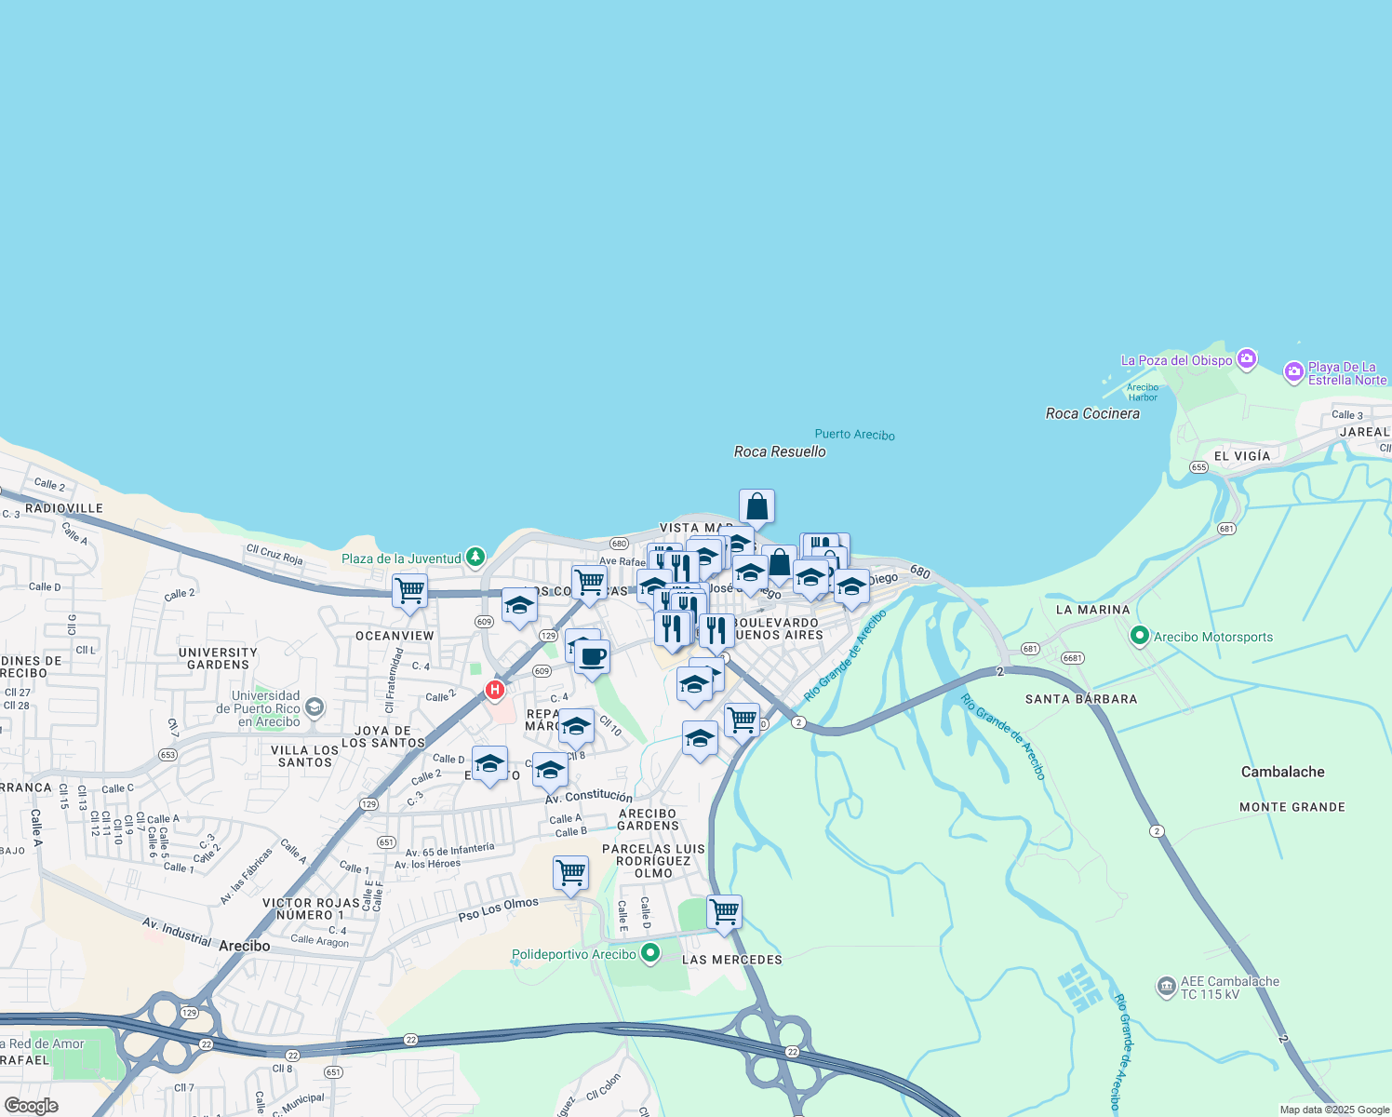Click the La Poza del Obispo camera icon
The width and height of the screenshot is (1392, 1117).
(x=1247, y=359)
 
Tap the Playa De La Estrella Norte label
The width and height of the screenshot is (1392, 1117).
(x=1346, y=373)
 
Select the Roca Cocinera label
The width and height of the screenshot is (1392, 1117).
(x=1092, y=413)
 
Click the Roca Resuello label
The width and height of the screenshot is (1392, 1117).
(x=780, y=451)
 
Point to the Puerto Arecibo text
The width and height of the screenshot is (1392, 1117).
(x=854, y=435)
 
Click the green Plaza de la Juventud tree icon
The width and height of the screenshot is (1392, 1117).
(x=475, y=557)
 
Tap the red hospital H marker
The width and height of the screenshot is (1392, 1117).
(x=495, y=690)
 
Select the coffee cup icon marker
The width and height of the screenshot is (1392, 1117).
(x=592, y=657)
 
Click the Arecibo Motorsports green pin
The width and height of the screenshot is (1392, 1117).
(x=1140, y=636)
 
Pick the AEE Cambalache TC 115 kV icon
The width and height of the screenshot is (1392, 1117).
(x=1166, y=987)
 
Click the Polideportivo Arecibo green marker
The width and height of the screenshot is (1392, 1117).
(x=650, y=953)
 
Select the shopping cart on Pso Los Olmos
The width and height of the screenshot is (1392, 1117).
(x=570, y=873)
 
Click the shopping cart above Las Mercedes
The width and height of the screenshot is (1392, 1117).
(x=724, y=912)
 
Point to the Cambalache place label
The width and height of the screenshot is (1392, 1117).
(x=1282, y=772)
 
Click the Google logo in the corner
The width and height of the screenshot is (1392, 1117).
(x=31, y=1106)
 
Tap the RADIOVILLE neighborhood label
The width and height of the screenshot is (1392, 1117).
(x=64, y=508)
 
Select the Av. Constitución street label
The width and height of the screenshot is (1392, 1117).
(x=588, y=796)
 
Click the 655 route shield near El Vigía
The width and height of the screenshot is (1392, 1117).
(x=1198, y=467)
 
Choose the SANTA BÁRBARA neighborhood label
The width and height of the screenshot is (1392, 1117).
(x=1080, y=699)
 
